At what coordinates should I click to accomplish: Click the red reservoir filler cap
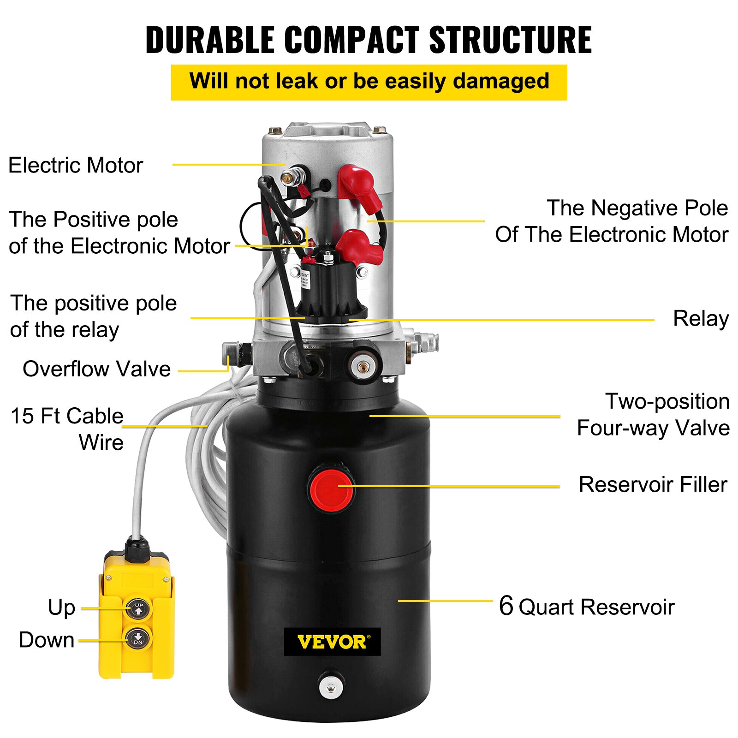(331, 490)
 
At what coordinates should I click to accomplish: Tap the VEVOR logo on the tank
(332, 642)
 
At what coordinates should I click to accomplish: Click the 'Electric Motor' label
(76, 165)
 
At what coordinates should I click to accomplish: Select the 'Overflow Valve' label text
(96, 369)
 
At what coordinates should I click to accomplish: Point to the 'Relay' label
(700, 319)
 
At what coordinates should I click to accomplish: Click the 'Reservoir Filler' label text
(653, 485)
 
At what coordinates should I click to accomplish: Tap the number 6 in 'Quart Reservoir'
(506, 606)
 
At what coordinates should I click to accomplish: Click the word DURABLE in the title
(210, 41)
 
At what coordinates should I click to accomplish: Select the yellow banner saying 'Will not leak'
(369, 82)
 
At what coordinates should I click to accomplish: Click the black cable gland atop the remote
(137, 549)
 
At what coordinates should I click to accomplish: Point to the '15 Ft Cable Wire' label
(67, 429)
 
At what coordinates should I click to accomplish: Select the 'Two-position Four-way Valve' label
(653, 415)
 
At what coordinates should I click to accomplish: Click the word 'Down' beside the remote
(47, 640)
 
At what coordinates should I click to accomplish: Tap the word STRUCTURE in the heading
(510, 41)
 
